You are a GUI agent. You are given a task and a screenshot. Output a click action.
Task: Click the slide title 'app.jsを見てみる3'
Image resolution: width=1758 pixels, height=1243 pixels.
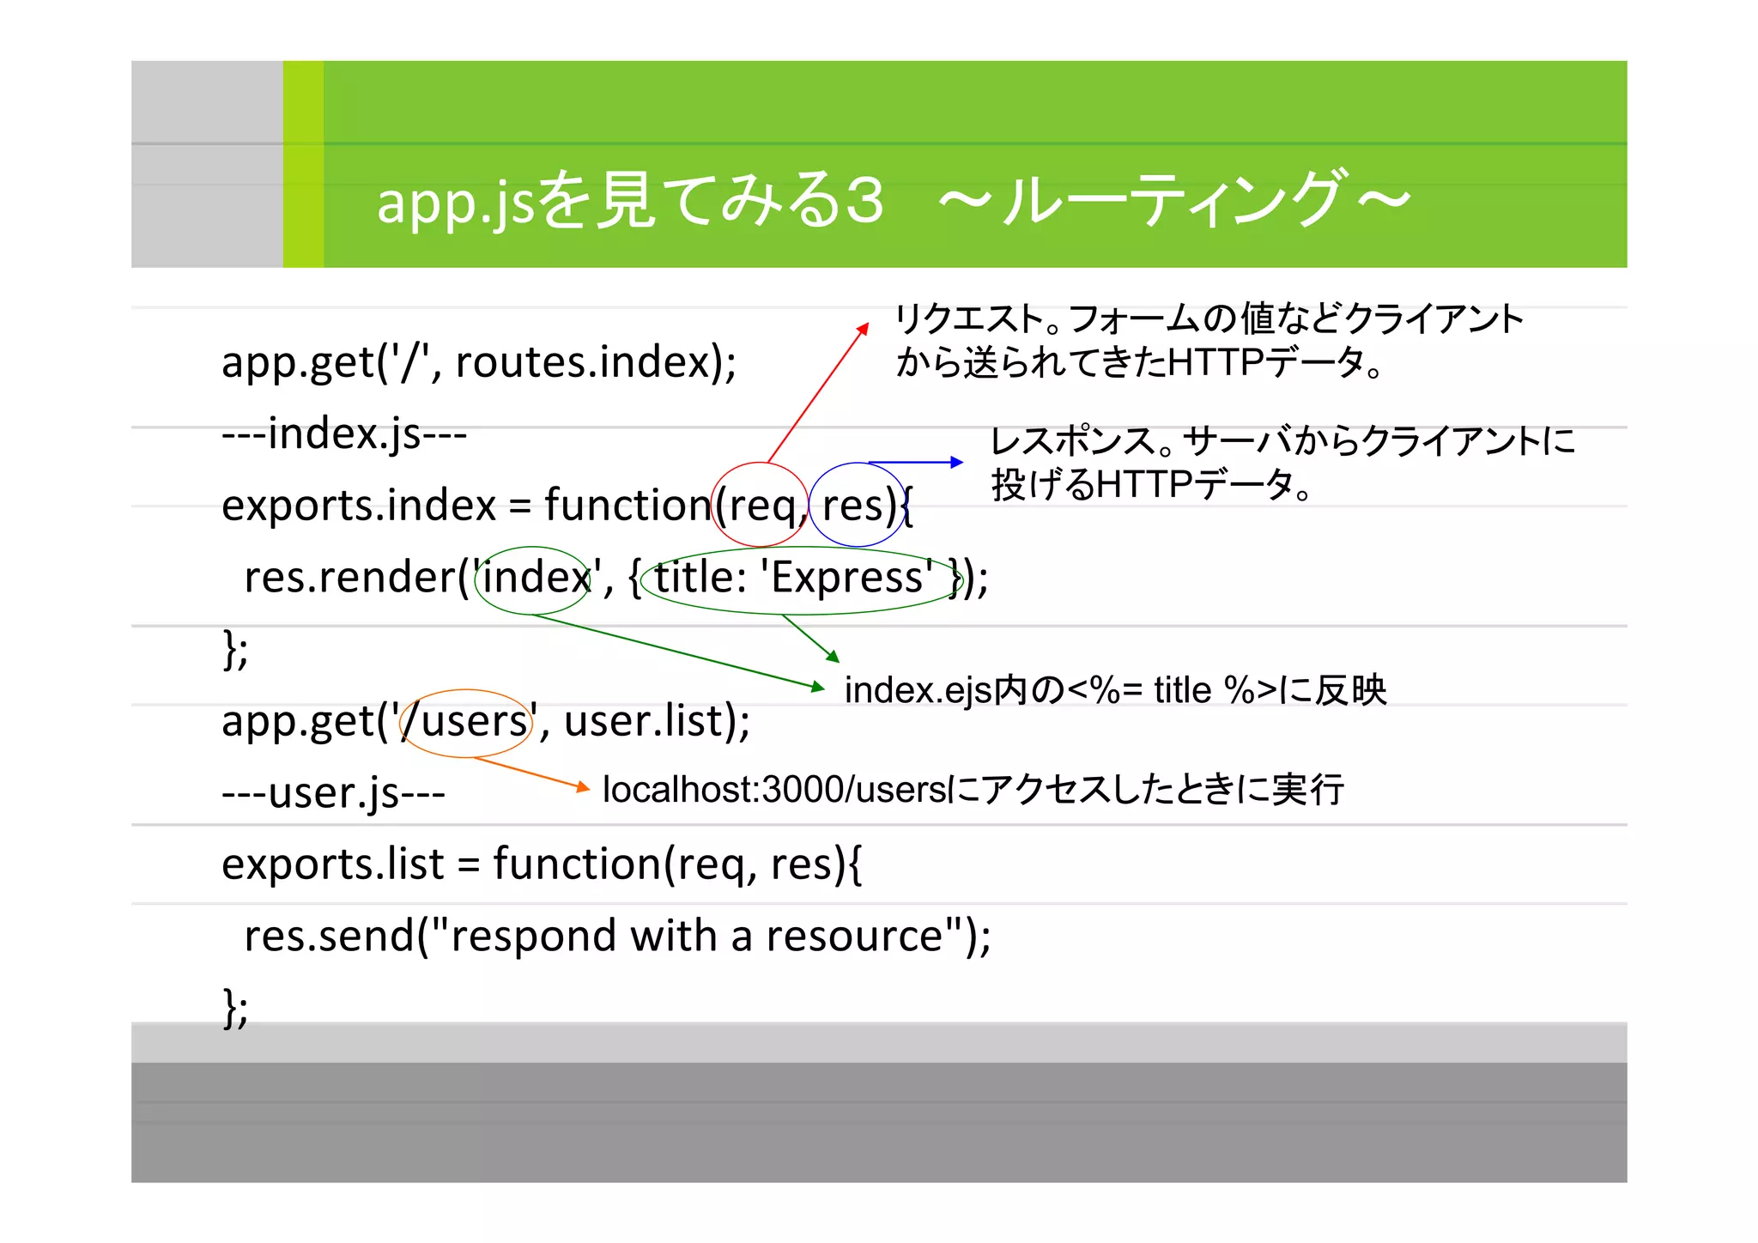(630, 201)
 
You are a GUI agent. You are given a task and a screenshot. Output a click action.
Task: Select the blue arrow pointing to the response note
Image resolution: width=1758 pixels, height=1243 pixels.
(915, 463)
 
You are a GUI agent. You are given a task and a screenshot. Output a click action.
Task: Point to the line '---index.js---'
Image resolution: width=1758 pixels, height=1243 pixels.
(344, 434)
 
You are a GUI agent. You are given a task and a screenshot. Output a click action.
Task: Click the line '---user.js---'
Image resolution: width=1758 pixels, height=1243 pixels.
(333, 792)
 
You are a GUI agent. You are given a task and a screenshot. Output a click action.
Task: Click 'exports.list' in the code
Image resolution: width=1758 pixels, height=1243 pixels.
(333, 864)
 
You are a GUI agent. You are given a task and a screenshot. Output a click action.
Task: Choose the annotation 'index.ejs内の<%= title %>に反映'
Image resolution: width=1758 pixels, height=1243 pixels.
(1115, 690)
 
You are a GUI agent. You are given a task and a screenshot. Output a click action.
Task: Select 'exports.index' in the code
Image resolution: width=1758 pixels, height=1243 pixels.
(359, 505)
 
